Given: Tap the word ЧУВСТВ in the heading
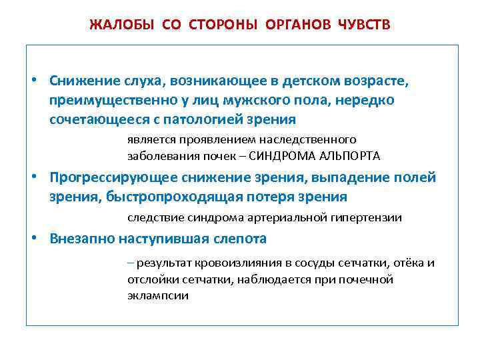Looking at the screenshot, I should (x=365, y=25).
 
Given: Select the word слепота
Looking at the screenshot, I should (x=238, y=239).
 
